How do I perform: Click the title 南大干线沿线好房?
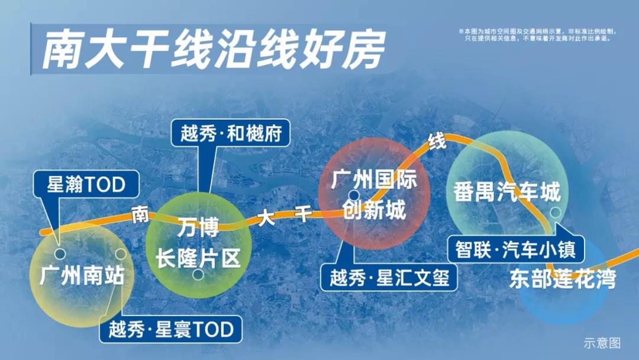click(x=214, y=49)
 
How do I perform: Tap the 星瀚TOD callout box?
click(x=86, y=184)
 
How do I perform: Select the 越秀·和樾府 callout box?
click(x=231, y=133)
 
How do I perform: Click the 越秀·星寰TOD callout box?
click(x=171, y=329)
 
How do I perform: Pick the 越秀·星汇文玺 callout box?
click(x=389, y=278)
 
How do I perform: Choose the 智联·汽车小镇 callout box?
click(x=515, y=249)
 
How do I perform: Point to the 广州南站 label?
click(x=82, y=275)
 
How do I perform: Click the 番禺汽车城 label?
click(x=507, y=192)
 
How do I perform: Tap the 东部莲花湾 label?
click(x=563, y=279)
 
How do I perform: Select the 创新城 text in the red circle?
click(x=374, y=210)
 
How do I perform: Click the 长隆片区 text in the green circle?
click(x=198, y=258)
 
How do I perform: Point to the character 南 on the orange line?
click(x=140, y=214)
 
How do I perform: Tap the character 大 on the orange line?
click(x=266, y=218)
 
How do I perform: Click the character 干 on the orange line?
click(x=303, y=213)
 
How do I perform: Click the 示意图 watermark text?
click(x=602, y=343)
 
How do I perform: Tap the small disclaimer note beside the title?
click(x=537, y=35)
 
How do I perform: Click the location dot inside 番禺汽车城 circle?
click(x=556, y=212)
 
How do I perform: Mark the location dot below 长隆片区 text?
click(x=198, y=274)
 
